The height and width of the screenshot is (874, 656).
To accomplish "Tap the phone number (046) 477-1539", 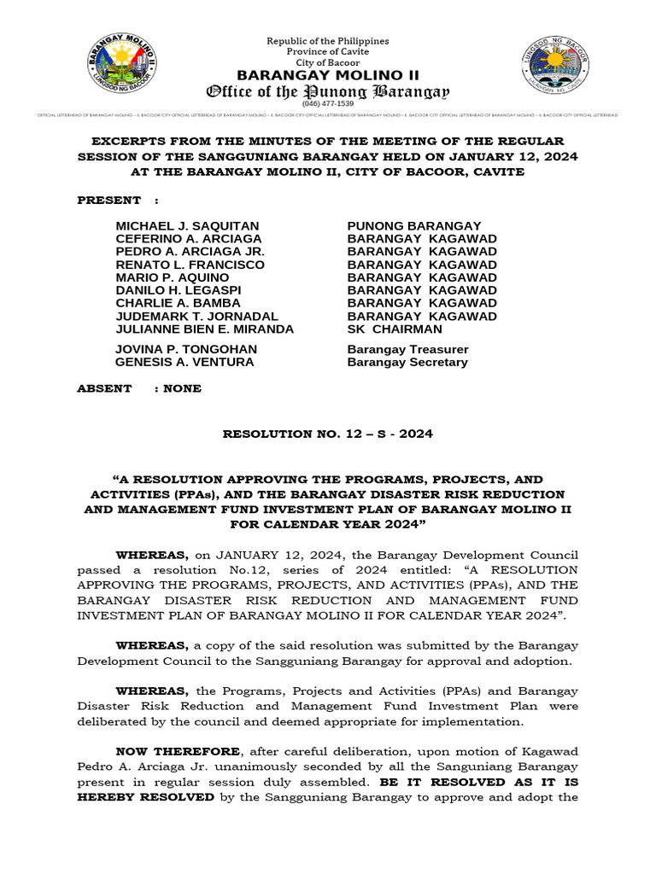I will click(x=328, y=103).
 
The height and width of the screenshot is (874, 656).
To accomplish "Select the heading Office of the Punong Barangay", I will click(x=329, y=90).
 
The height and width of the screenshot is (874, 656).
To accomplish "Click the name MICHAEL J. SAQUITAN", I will click(x=179, y=226).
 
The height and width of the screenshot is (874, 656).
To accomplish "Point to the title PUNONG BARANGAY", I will click(x=414, y=226).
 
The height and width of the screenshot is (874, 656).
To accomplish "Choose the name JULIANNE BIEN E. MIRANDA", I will click(x=204, y=329).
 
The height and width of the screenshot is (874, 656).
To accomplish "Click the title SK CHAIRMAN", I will click(x=395, y=329).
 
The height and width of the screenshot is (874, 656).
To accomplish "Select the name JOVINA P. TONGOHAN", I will click(x=186, y=349).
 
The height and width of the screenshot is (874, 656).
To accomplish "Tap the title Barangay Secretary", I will click(x=407, y=362).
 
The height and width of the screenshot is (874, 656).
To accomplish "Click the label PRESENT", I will click(x=109, y=200).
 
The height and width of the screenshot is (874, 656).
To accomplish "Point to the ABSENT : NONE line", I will click(x=139, y=388).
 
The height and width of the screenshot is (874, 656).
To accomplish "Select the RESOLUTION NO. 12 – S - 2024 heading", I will click(x=328, y=434).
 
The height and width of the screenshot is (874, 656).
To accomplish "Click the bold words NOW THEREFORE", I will click(x=179, y=750).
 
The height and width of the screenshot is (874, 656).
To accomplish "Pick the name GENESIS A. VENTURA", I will click(x=184, y=362).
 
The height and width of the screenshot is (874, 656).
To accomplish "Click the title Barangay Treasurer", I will click(x=407, y=349).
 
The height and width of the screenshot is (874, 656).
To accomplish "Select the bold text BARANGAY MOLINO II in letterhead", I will click(x=328, y=74).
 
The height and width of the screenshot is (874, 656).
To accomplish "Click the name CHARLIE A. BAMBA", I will click(x=178, y=303).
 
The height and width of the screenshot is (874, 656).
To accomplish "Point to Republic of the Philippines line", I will click(x=328, y=41).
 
